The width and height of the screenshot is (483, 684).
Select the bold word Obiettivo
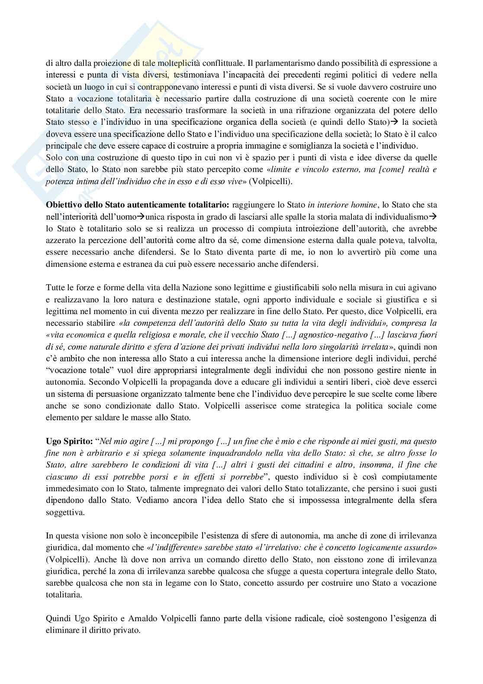click(x=63, y=205)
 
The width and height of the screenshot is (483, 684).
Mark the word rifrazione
click(x=287, y=110)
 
